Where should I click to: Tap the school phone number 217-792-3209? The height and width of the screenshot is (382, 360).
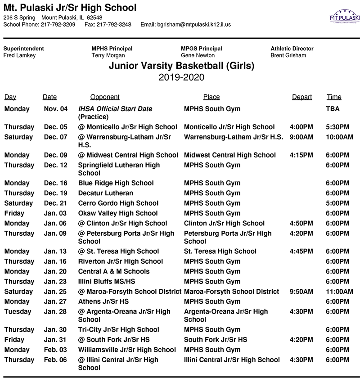pos(58,24)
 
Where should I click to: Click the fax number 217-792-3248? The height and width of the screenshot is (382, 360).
pos(114,24)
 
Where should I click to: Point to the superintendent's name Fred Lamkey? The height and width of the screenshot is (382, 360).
pos(19,55)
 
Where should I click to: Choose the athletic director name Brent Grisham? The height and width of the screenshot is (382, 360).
pos(288,55)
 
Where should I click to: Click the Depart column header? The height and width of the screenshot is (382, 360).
pos(302,97)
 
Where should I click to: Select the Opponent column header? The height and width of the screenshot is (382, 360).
pos(105,97)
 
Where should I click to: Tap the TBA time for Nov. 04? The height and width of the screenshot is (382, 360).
pos(333,109)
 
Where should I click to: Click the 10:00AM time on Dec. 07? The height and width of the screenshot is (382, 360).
pos(340,137)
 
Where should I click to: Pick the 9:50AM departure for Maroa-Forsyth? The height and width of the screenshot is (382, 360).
pos(301,292)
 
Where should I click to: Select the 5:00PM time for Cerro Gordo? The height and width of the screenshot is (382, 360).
pos(337,203)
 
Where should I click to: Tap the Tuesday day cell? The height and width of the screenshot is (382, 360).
pos(18,311)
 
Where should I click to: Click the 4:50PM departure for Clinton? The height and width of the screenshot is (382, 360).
pos(301,223)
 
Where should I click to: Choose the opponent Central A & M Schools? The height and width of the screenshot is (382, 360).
pos(114,271)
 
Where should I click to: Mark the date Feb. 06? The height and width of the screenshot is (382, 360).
pos(56,360)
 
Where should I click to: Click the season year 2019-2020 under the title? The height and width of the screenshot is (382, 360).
pos(181,77)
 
